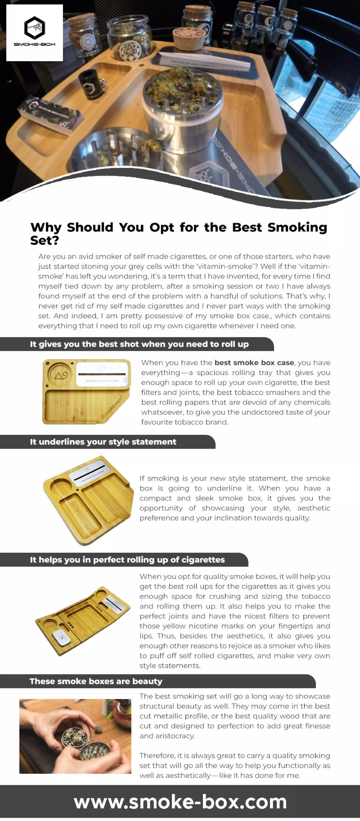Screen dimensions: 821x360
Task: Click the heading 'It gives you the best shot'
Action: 139,344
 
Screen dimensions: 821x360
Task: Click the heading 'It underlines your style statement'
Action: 103,442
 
